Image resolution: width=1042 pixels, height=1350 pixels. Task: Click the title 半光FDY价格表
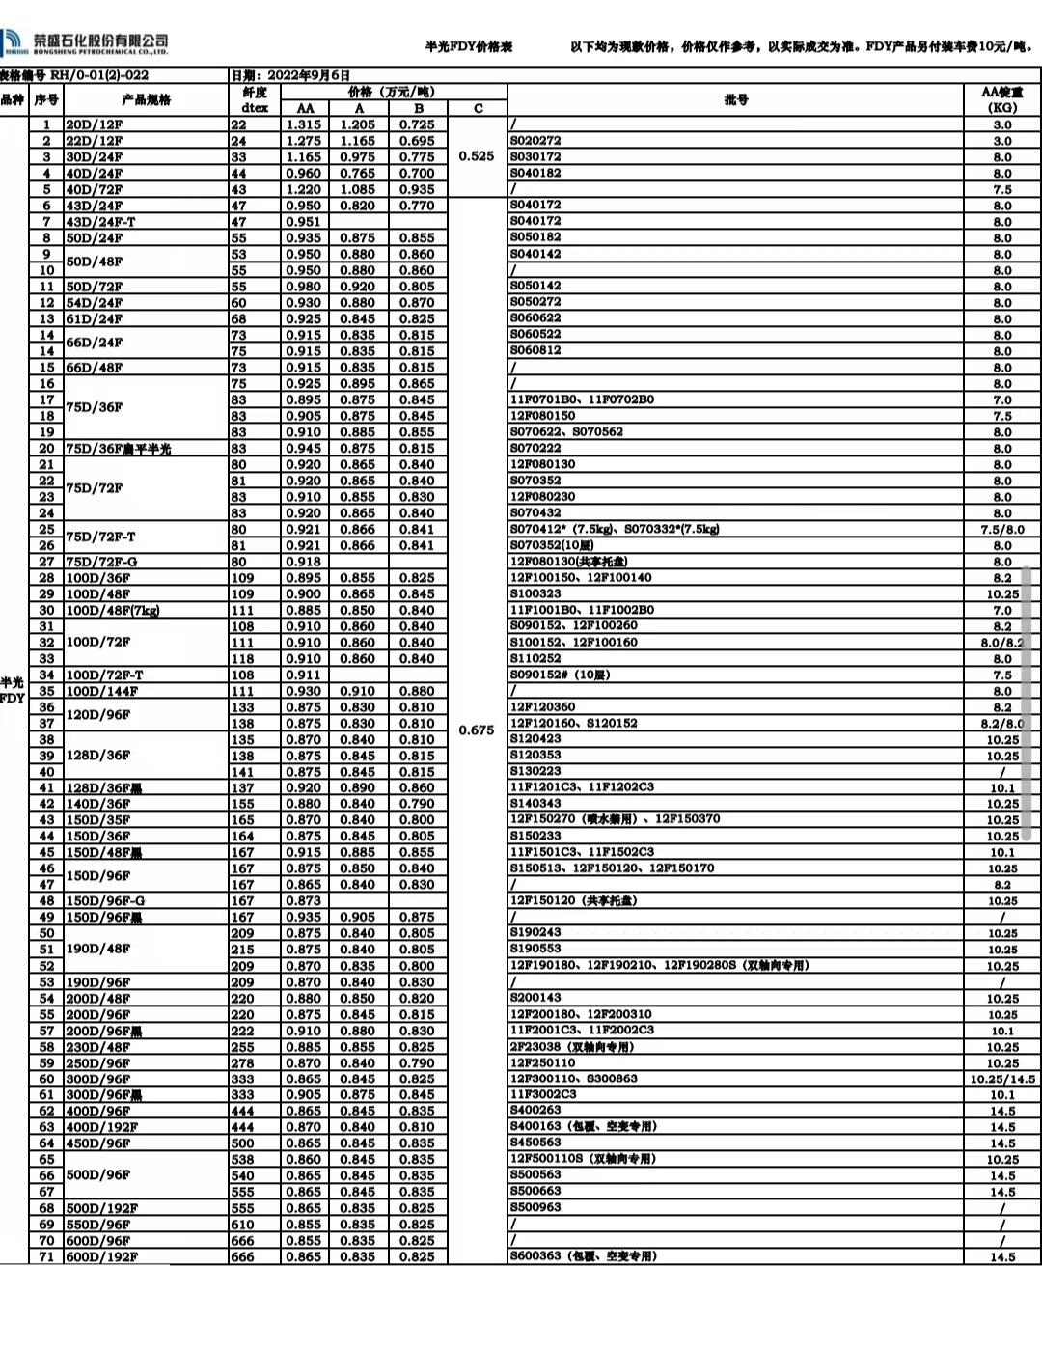469,46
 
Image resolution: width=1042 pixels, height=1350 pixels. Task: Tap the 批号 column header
736,99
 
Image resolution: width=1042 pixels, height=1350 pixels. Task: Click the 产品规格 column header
146,99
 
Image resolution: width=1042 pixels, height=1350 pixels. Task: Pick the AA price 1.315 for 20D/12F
304,124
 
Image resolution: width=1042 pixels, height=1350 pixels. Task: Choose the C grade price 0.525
477,155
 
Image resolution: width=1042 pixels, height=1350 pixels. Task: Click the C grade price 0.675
477,730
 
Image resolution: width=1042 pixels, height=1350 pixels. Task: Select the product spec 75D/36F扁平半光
118,449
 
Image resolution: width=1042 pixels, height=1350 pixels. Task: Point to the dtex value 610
242,1225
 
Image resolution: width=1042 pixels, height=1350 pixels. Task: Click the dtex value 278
242,1062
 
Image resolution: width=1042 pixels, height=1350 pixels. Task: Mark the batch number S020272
535,141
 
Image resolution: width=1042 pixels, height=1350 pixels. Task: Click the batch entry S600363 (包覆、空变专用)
583,1256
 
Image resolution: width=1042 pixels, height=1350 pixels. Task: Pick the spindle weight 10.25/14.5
1002,1079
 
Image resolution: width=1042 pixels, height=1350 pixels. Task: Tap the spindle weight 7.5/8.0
1002,529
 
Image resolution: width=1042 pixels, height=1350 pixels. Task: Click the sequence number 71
46,1256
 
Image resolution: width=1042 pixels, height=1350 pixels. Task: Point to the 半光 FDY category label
12,690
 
